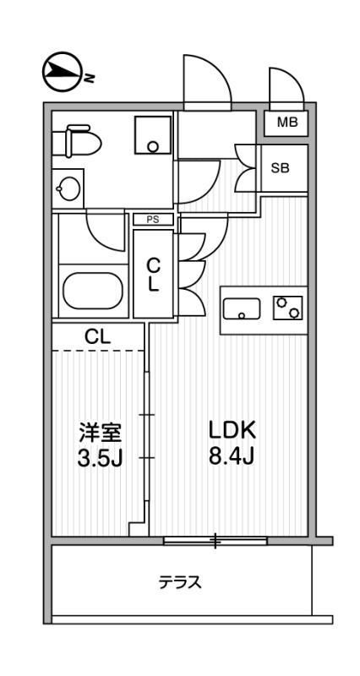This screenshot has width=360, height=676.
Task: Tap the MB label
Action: [x=287, y=123]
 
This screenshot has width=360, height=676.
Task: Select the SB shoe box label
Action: [x=280, y=167]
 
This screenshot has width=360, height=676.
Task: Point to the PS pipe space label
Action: [x=153, y=220]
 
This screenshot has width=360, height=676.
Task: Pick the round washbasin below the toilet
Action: [x=68, y=185]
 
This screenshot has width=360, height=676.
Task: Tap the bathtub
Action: [x=94, y=292]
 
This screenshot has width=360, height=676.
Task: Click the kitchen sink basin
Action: [x=243, y=309]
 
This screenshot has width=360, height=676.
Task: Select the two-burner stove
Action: [x=287, y=308]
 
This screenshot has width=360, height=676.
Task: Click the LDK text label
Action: [x=232, y=430]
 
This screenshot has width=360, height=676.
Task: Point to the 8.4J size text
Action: [x=232, y=459]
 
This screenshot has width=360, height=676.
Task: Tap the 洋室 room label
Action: [x=101, y=433]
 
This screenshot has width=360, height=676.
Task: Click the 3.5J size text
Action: [x=101, y=461]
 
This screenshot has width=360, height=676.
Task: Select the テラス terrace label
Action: [x=180, y=583]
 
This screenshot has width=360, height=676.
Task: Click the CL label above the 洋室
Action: [x=97, y=336]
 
